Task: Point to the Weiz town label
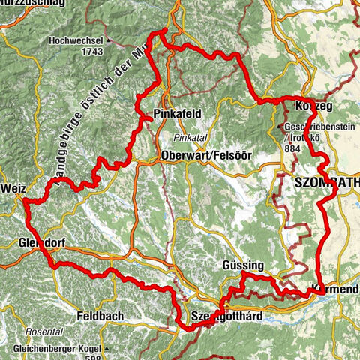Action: tap(15, 188)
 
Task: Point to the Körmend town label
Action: tap(336, 289)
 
